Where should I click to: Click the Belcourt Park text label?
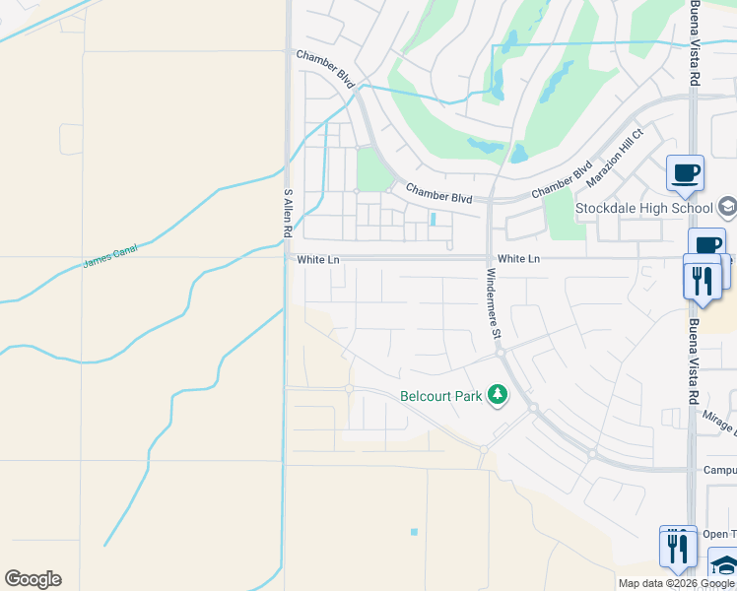pyautogui.click(x=441, y=397)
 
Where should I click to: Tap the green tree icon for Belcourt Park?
pyautogui.click(x=499, y=396)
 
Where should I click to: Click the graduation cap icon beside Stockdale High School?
pyautogui.click(x=727, y=207)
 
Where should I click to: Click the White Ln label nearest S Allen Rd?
pyautogui.click(x=317, y=260)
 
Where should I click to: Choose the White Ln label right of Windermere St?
pyautogui.click(x=519, y=258)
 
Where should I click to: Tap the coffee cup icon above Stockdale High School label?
pyautogui.click(x=685, y=173)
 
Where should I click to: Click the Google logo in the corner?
pyautogui.click(x=33, y=579)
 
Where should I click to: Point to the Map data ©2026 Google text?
pyautogui.click(x=676, y=583)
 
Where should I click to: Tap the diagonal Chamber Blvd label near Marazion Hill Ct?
pyautogui.click(x=562, y=179)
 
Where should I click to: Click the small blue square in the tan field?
pyautogui.click(x=414, y=532)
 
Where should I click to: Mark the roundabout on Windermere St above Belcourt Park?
pyautogui.click(x=501, y=351)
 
